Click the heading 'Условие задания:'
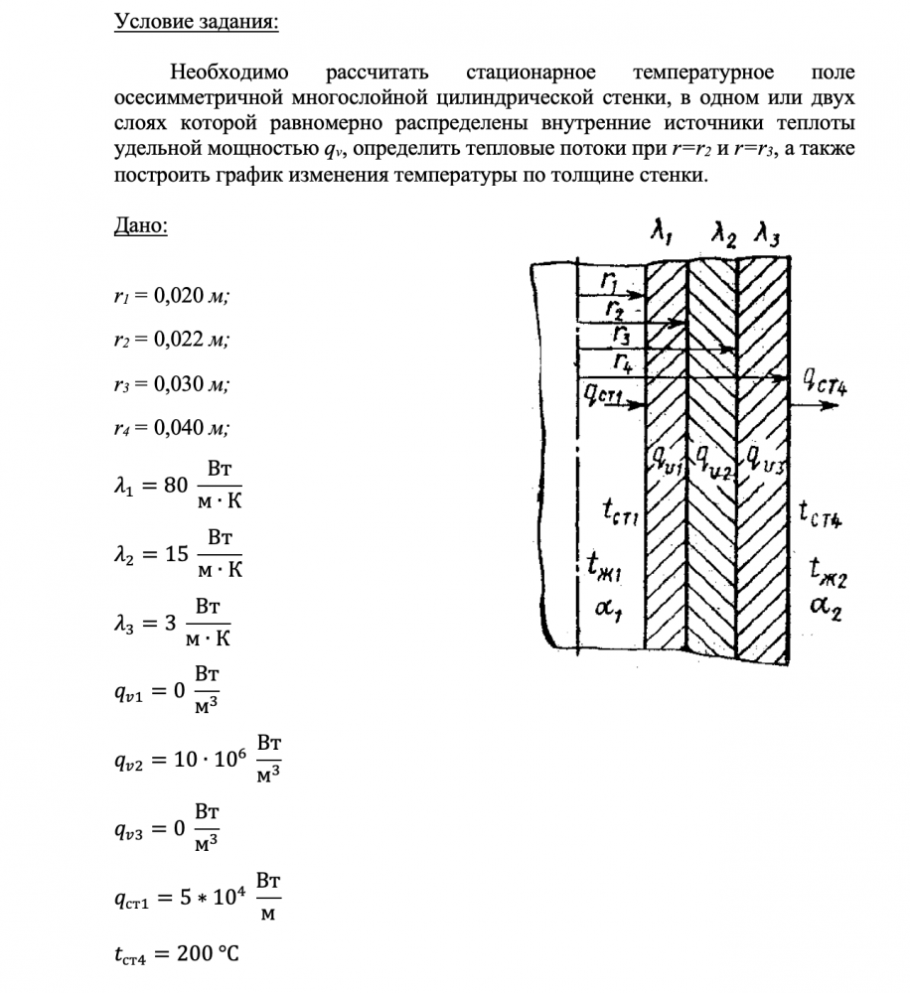pos(196,21)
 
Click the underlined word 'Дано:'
pos(140,225)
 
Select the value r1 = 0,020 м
pos(171,295)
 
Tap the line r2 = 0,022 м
pos(171,339)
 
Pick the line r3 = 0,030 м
pos(171,383)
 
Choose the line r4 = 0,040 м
pos(171,428)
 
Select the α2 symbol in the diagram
pos(826,607)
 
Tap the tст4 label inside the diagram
pos(821,513)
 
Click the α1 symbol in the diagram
pos(606,608)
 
